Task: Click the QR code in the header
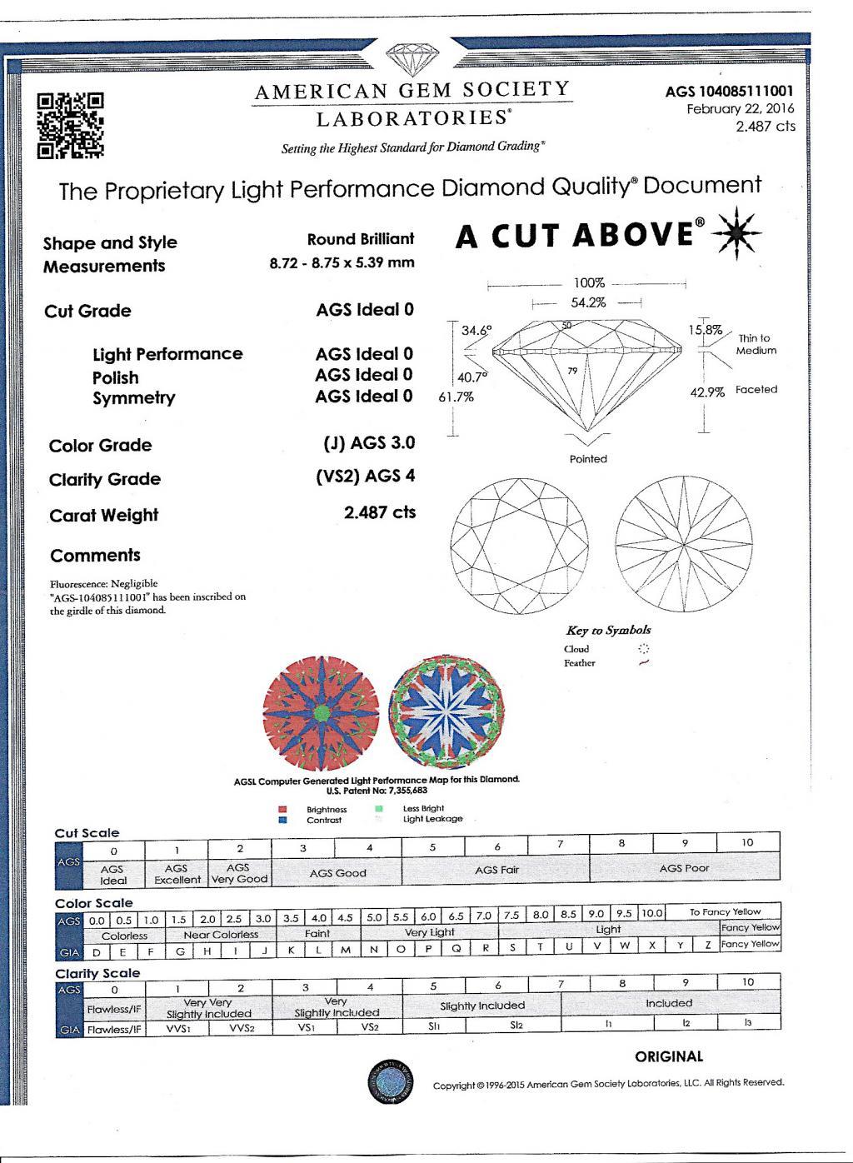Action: click(x=71, y=125)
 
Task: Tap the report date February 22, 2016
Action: click(x=740, y=109)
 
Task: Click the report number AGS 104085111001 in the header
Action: click(x=730, y=92)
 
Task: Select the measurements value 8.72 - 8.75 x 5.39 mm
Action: click(x=342, y=262)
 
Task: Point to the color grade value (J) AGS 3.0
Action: click(x=368, y=443)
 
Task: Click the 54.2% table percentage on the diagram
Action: click(x=588, y=303)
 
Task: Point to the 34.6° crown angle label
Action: click(x=476, y=331)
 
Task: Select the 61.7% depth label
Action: click(x=456, y=397)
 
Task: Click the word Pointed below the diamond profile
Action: click(x=588, y=459)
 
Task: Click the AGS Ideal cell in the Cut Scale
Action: click(x=113, y=875)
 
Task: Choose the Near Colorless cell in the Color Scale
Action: click(x=221, y=935)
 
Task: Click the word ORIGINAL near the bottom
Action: click(x=669, y=1056)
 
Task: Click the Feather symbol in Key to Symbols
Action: click(x=642, y=663)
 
